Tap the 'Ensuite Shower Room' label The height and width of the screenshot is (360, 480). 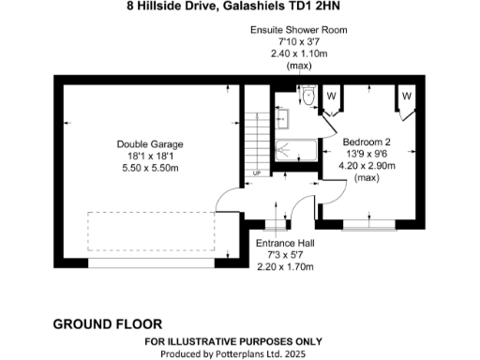coord(298,30)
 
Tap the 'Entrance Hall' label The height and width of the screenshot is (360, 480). coord(285,243)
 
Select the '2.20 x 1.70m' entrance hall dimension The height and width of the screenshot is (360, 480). coord(285,266)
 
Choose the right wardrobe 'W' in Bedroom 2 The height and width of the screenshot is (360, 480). coord(407,96)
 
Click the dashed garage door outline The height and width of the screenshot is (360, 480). coord(150,231)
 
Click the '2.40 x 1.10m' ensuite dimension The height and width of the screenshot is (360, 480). coord(298,53)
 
